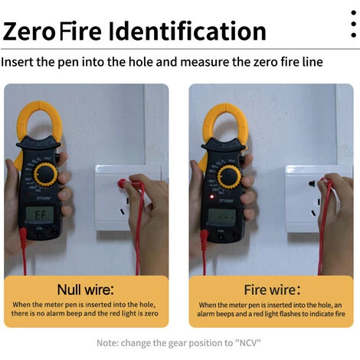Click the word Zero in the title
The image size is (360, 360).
pyautogui.click(x=29, y=31)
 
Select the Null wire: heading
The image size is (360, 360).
pyautogui.click(x=85, y=290)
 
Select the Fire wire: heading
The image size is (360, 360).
pyautogui.click(x=272, y=290)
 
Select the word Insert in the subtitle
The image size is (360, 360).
pyautogui.click(x=19, y=61)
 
